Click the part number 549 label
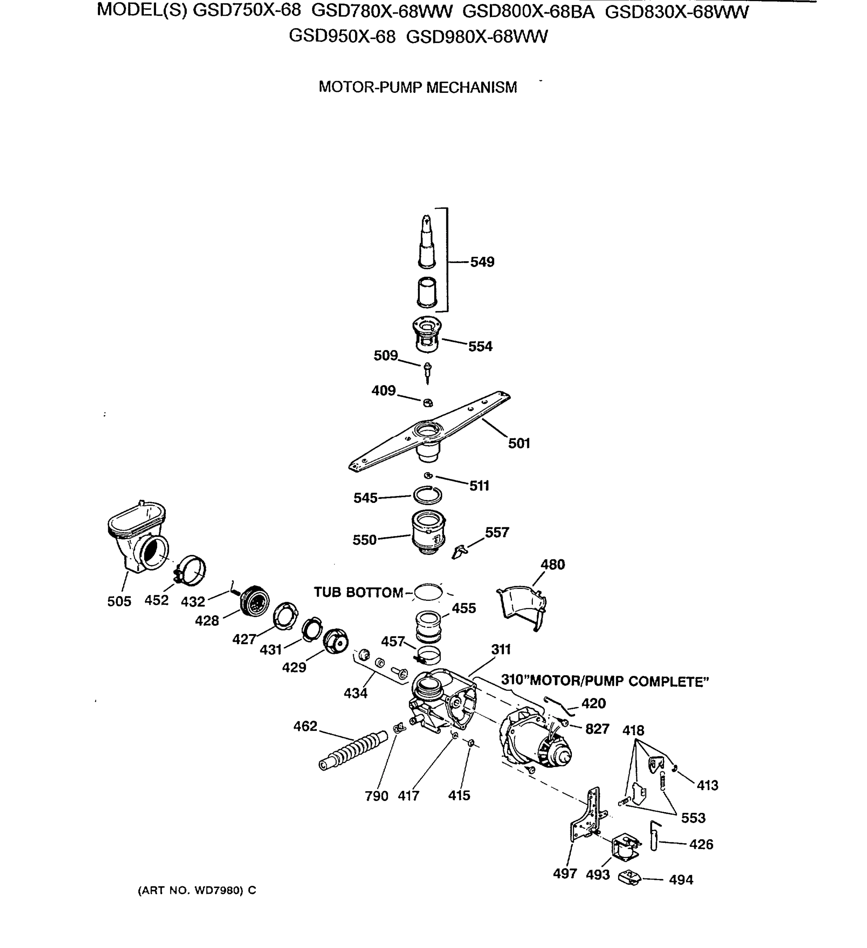[x=482, y=262]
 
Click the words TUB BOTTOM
[x=358, y=592]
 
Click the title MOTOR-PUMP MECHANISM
[x=418, y=87]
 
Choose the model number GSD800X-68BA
[x=528, y=12]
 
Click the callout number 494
[x=681, y=880]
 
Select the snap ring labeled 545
[x=427, y=495]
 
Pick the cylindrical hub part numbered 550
[x=428, y=532]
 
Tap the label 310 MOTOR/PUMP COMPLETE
[x=605, y=681]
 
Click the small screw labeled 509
[x=427, y=370]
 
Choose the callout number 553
[x=693, y=818]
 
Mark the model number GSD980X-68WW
[x=476, y=37]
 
